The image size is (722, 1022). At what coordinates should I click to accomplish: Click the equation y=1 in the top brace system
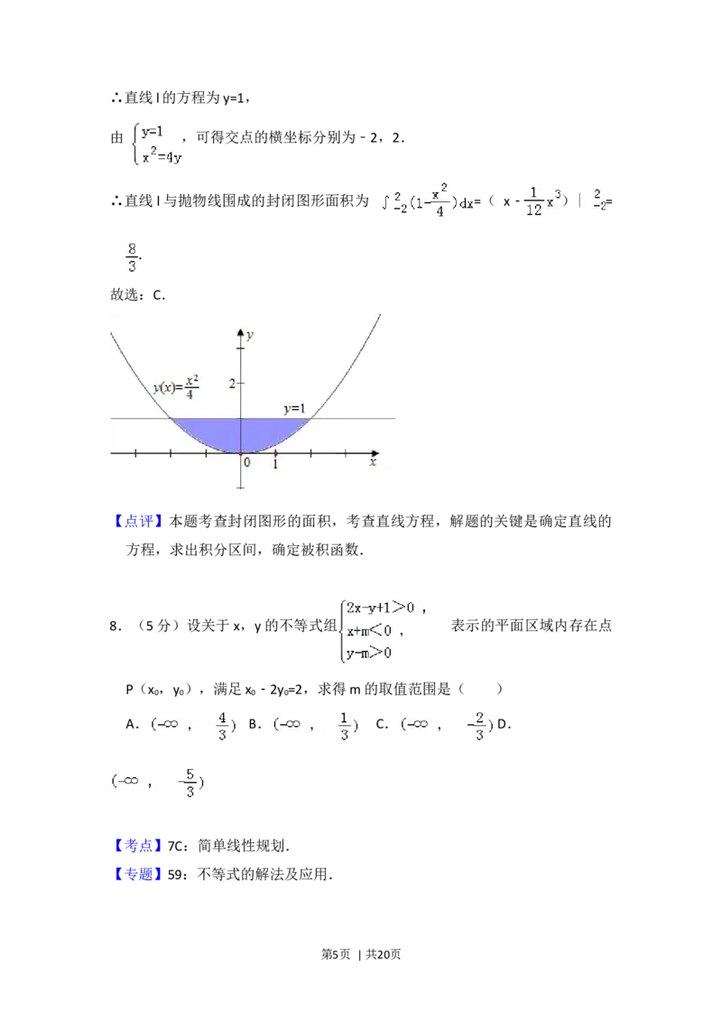click(152, 131)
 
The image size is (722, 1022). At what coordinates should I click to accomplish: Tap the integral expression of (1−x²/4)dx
click(426, 202)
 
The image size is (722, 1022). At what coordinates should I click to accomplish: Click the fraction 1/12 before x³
click(533, 202)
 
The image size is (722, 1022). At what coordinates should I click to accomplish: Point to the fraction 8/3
click(132, 256)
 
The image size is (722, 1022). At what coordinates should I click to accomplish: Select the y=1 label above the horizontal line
click(294, 409)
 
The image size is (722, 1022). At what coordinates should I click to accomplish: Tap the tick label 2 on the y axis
click(232, 384)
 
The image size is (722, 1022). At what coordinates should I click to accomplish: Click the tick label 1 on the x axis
click(275, 463)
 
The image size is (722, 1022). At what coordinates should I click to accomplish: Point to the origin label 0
click(246, 463)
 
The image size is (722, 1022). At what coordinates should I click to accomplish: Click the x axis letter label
click(372, 463)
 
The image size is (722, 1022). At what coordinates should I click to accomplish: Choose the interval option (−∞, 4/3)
click(191, 725)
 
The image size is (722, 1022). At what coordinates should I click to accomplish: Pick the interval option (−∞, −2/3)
click(448, 725)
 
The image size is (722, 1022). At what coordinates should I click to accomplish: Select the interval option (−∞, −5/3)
click(159, 783)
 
